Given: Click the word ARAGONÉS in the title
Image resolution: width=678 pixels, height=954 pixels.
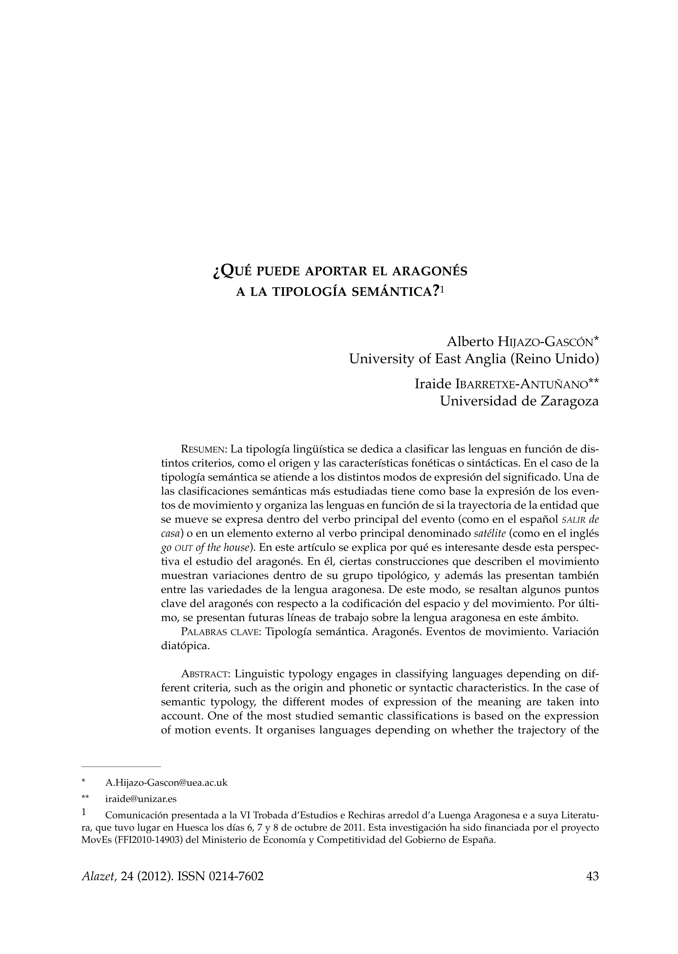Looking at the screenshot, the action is pyautogui.click(x=430, y=272).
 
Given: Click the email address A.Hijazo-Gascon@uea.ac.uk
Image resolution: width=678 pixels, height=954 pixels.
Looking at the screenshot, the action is pyautogui.click(x=166, y=782).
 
